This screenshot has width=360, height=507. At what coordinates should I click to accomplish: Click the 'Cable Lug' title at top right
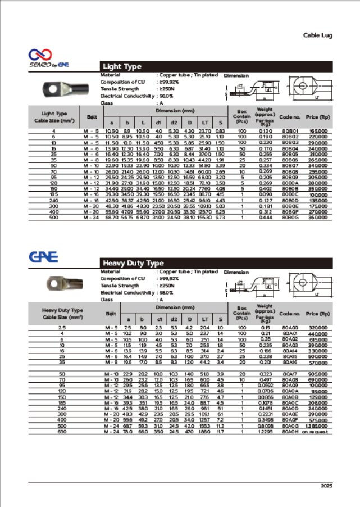pyautogui.click(x=317, y=35)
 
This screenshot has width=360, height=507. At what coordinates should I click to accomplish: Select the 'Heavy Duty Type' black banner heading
pyautogui.click(x=133, y=263)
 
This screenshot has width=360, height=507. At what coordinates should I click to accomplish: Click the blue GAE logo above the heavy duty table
pyautogui.click(x=43, y=257)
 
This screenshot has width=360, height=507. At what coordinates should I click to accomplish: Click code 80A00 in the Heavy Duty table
pyautogui.click(x=290, y=327)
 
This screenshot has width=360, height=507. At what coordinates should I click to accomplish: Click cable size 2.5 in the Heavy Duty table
pyautogui.click(x=61, y=327)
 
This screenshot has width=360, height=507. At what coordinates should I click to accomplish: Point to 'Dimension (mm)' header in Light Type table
pyautogui.click(x=166, y=111)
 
